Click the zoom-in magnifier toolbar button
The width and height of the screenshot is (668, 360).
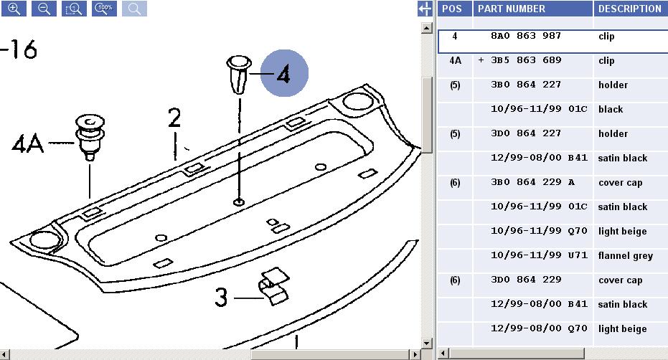[x=14, y=9]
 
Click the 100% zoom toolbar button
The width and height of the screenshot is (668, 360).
[x=104, y=9]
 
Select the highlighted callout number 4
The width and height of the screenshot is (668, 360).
[x=283, y=73]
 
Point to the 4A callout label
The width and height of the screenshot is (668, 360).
[x=28, y=143]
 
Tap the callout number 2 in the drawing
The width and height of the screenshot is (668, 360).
[x=174, y=118]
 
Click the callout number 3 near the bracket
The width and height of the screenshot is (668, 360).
[x=221, y=297]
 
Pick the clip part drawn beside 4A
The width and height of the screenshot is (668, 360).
[x=90, y=137]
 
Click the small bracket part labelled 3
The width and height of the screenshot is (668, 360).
[x=273, y=286]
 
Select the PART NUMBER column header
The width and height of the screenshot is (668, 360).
[x=511, y=9]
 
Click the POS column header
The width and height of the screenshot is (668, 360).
[x=451, y=9]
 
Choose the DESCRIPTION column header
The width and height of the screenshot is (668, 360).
[x=630, y=9]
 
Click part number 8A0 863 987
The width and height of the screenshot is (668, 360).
[x=526, y=36]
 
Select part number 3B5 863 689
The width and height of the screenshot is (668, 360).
[x=526, y=60]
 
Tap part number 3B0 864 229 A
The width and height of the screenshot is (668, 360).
[x=532, y=182]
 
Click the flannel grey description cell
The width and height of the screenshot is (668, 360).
[x=626, y=255]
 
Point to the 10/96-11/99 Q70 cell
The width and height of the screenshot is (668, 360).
[x=539, y=231]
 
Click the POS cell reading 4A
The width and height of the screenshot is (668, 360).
[x=455, y=60]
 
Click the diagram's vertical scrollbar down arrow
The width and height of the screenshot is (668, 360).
[x=426, y=343]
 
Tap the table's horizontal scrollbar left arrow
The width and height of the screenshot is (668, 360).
[x=443, y=354]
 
